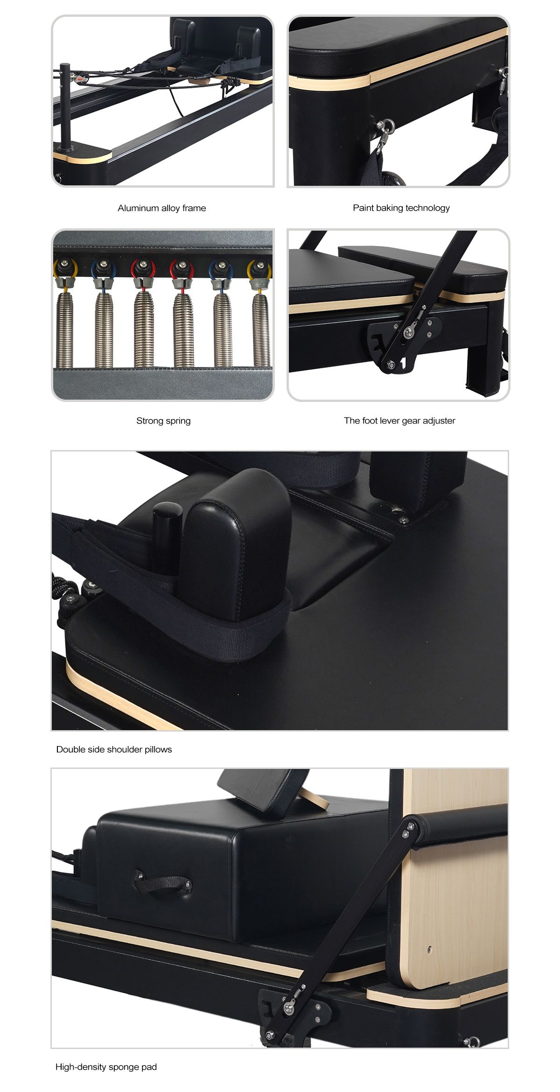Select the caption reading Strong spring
click(163, 421)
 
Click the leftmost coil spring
click(65, 329)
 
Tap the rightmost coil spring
click(261, 329)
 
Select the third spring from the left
click(144, 329)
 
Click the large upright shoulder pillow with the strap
click(236, 546)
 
